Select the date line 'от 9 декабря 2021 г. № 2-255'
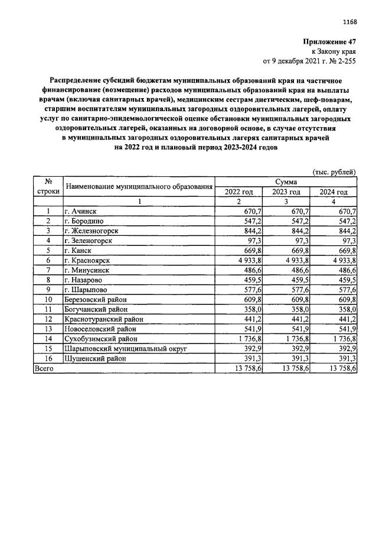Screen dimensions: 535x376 click(309, 61)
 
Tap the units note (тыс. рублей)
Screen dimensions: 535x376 click(334, 172)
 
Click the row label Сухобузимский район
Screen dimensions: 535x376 click(101, 339)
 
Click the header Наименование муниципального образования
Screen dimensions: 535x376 click(138, 187)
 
